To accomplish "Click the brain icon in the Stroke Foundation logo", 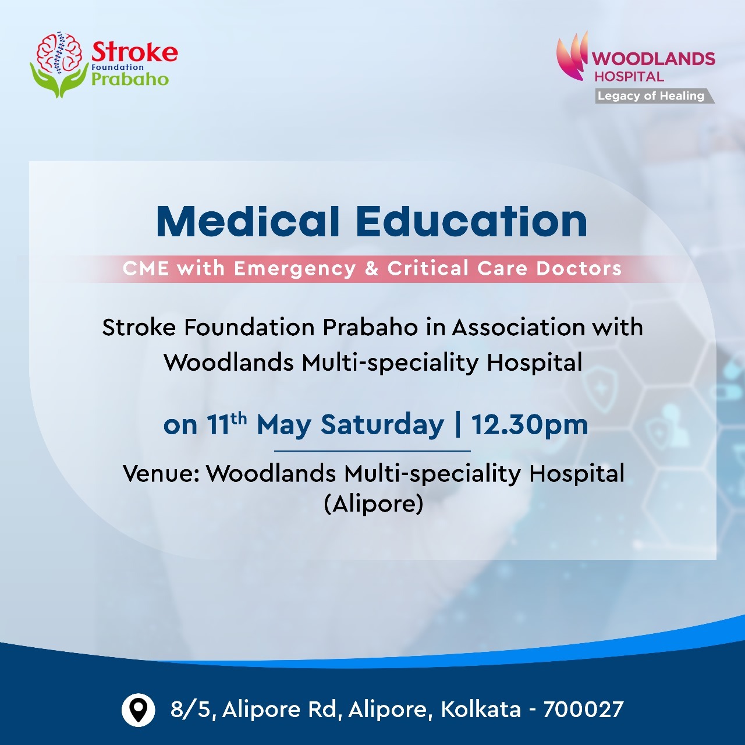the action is [x=59, y=52].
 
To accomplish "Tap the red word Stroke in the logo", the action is [x=134, y=52].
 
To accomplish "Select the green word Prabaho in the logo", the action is [x=130, y=79].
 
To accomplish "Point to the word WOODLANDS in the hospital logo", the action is [x=654, y=59].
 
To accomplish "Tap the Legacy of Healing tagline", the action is [x=651, y=96].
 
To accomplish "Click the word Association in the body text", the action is [x=519, y=328].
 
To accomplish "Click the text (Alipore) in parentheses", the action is [x=374, y=504].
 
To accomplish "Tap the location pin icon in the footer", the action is [x=139, y=710].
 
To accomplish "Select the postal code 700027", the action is [x=583, y=709].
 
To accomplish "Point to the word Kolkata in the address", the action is [x=481, y=709].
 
